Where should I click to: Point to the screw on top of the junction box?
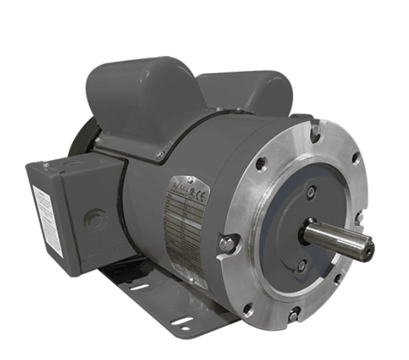[46, 165]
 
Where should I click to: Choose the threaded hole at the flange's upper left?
[261, 163]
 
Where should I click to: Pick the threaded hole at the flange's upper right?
[355, 158]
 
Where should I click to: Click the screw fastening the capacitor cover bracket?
[160, 154]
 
